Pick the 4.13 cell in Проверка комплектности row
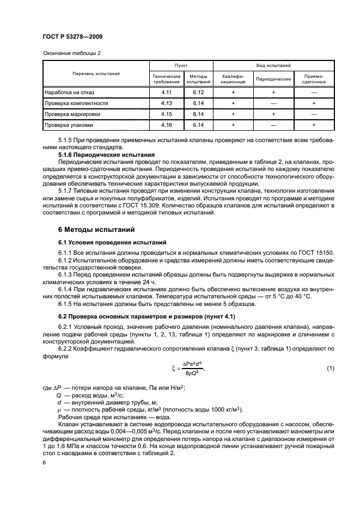(x=167, y=103)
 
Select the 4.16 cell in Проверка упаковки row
(x=167, y=125)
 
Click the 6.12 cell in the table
(x=197, y=93)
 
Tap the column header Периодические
(x=273, y=79)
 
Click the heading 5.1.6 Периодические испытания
(x=106, y=155)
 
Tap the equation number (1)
(x=330, y=369)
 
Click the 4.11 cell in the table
(x=167, y=93)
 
